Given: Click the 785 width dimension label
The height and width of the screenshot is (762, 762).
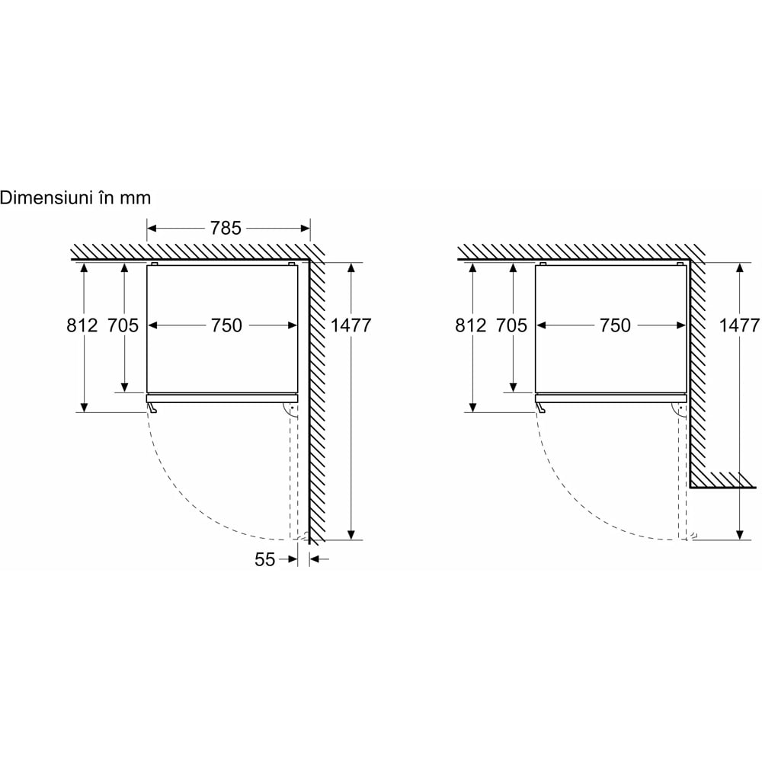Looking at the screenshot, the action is click(x=226, y=228).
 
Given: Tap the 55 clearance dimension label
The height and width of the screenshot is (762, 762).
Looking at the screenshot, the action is click(x=265, y=559).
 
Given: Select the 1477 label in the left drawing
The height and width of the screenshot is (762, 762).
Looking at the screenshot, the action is click(x=351, y=325).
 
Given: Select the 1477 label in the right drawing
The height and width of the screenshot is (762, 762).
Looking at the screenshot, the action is click(x=739, y=325).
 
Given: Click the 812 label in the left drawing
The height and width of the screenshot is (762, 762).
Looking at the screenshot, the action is click(x=82, y=325).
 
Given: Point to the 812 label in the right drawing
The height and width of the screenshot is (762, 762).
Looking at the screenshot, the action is click(x=470, y=325).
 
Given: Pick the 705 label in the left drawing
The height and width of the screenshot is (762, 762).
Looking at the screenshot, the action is click(x=123, y=325).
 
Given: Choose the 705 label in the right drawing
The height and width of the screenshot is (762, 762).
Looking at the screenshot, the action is click(x=511, y=325).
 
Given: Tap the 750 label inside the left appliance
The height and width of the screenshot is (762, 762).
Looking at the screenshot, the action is click(x=226, y=325).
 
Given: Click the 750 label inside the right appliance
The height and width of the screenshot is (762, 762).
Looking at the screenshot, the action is click(x=615, y=325).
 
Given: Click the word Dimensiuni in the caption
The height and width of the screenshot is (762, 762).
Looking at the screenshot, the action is click(x=47, y=198).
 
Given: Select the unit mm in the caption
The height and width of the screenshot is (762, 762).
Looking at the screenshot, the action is click(x=136, y=200).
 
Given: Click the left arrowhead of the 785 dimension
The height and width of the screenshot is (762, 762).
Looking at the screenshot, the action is click(x=152, y=228).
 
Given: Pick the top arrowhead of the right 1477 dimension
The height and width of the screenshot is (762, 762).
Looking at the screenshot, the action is click(x=740, y=268).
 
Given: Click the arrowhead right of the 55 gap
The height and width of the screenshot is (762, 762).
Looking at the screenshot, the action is click(x=315, y=559).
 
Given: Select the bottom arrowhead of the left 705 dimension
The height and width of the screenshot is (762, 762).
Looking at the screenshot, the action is click(x=124, y=387).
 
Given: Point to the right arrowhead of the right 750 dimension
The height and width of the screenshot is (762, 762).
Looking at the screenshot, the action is click(x=681, y=325).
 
